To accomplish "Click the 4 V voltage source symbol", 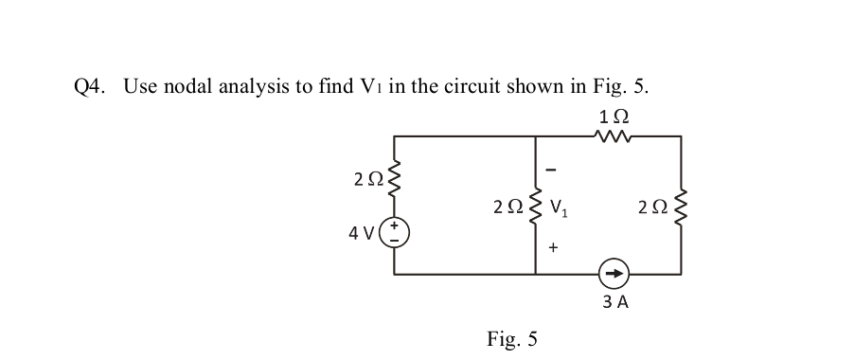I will [x=394, y=233].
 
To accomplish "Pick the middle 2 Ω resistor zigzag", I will [x=536, y=206].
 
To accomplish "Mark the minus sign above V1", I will [x=554, y=170].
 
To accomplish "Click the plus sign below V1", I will [x=554, y=247].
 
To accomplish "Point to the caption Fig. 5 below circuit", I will [x=511, y=338].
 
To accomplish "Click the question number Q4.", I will [x=89, y=86].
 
